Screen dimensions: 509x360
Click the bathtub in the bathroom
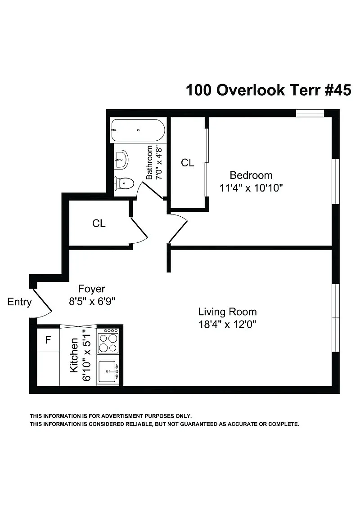pyautogui.click(x=138, y=130)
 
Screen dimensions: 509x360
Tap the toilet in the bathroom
pyautogui.click(x=125, y=183)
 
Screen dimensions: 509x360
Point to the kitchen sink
pyautogui.click(x=108, y=371)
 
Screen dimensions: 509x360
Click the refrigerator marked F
pyautogui.click(x=48, y=340)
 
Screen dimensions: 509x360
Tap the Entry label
pyautogui.click(x=20, y=302)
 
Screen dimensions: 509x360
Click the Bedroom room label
pyautogui.click(x=251, y=175)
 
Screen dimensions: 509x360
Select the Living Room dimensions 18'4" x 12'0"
pyautogui.click(x=227, y=324)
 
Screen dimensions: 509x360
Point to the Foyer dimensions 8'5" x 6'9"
pyautogui.click(x=92, y=301)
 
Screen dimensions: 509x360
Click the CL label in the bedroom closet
pyautogui.click(x=188, y=163)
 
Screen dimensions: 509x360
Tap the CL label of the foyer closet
pyautogui.click(x=99, y=223)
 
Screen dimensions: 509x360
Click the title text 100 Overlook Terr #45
pyautogui.click(x=268, y=90)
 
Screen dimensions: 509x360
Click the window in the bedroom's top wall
pyautogui.click(x=310, y=113)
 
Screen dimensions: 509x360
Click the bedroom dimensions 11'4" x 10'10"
pyautogui.click(x=251, y=188)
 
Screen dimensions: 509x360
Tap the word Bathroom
pyautogui.click(x=150, y=162)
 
